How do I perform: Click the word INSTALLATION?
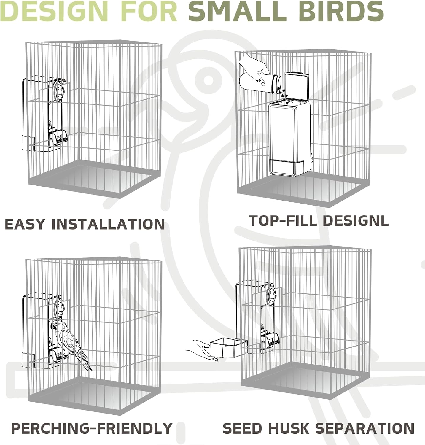click(x=108, y=224)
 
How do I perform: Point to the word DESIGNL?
click(x=355, y=220)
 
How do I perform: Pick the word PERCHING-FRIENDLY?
click(x=92, y=428)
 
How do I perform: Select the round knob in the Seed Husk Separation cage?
click(x=272, y=295)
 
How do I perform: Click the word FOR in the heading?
click(x=148, y=11)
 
